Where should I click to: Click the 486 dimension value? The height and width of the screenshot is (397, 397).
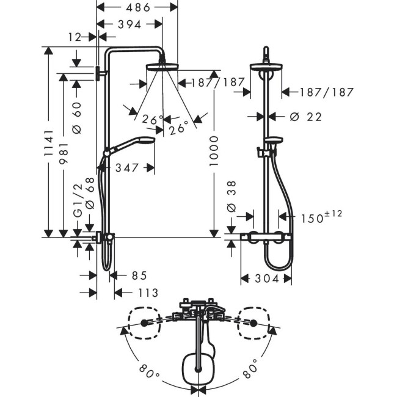pyautogui.click(x=138, y=7)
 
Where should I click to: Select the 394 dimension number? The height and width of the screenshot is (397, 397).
pyautogui.click(x=129, y=24)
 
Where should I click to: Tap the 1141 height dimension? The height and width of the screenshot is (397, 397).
pyautogui.click(x=49, y=143)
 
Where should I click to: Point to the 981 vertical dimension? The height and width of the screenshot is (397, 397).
pyautogui.click(x=64, y=153)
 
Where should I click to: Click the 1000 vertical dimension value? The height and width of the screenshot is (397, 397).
pyautogui.click(x=214, y=151)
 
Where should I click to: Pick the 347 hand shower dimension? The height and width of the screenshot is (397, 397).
pyautogui.click(x=127, y=167)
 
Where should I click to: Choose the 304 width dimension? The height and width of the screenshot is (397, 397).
pyautogui.click(x=267, y=279)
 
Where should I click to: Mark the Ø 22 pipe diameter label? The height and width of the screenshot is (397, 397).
pyautogui.click(x=305, y=117)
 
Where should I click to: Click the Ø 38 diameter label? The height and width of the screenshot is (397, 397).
pyautogui.click(x=231, y=196)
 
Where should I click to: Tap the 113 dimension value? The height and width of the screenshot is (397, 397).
pyautogui.click(x=148, y=293)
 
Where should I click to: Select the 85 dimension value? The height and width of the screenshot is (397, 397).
pyautogui.click(x=139, y=275)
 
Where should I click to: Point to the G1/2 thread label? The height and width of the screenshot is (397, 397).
pyautogui.click(x=78, y=200)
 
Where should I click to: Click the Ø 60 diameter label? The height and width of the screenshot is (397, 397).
pyautogui.click(x=77, y=118)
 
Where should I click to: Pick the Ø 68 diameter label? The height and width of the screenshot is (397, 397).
pyautogui.click(x=90, y=193)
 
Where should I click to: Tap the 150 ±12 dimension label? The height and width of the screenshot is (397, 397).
pyautogui.click(x=321, y=217)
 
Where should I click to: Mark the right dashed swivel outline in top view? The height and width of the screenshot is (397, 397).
pyautogui.click(x=253, y=322)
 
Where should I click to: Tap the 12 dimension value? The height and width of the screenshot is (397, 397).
pyautogui.click(x=75, y=37)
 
